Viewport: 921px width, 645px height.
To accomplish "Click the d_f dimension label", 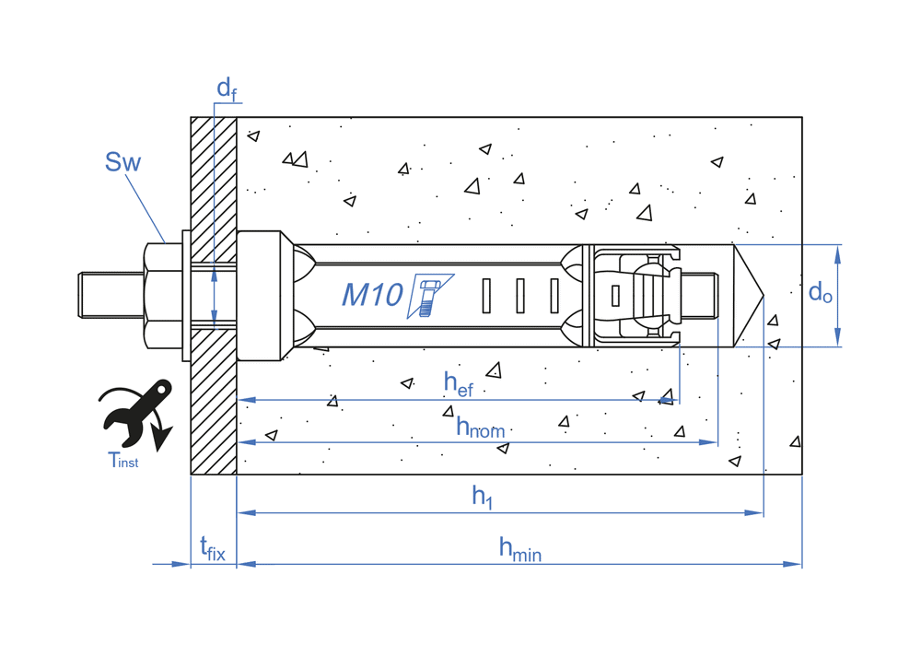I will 226,89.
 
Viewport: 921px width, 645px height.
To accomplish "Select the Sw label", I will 122,163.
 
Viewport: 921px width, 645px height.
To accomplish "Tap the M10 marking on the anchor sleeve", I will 372,295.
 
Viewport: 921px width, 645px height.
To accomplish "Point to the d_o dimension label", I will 820,293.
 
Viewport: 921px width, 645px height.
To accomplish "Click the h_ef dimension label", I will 458,383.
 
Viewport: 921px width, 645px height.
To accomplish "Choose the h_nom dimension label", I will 480,427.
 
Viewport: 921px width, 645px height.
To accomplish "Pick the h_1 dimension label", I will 483,497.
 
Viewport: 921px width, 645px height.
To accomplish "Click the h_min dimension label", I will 519,548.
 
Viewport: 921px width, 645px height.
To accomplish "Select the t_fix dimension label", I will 212,549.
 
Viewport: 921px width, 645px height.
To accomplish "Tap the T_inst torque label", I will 122,461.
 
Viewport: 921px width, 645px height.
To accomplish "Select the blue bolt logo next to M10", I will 429,295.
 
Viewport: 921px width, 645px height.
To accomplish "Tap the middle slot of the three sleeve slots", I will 519,295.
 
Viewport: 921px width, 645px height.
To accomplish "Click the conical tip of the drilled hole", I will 747,296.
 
